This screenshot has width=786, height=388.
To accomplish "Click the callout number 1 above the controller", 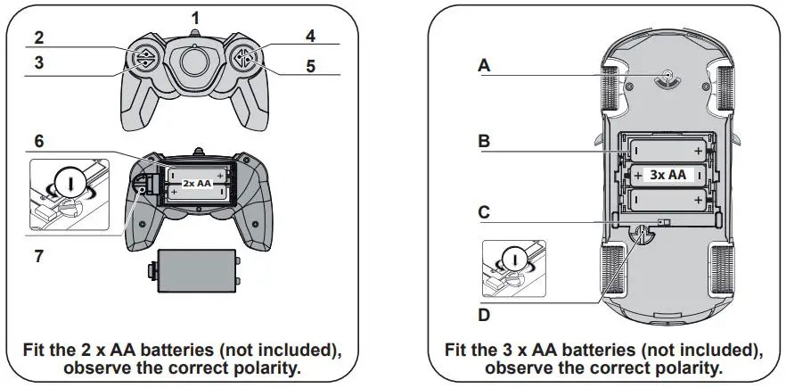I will click(196, 17).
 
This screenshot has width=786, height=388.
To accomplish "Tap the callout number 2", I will click(39, 37).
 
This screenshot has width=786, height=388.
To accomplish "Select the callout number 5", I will click(311, 65).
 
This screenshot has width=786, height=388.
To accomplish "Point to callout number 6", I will click(40, 142).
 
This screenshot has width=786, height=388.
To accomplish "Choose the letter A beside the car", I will click(485, 65).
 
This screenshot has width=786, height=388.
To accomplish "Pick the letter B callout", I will click(485, 141).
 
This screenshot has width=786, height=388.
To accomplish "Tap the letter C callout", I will click(485, 212).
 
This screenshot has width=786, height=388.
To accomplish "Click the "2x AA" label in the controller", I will click(196, 182).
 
